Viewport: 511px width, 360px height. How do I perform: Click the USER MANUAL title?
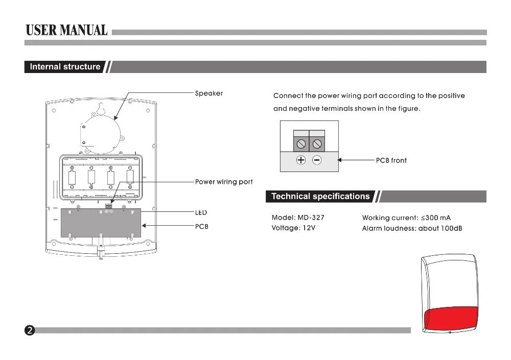click(x=67, y=30)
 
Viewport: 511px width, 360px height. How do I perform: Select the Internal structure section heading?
click(x=65, y=67)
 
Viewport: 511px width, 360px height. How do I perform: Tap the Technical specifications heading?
click(x=320, y=197)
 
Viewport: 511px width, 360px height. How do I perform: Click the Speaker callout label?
click(x=209, y=93)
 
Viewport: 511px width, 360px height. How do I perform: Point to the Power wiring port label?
click(x=224, y=182)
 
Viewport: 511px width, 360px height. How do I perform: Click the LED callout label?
click(x=201, y=212)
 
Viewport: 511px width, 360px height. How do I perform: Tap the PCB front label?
click(x=391, y=160)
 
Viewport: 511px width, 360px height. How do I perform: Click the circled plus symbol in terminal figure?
click(x=301, y=160)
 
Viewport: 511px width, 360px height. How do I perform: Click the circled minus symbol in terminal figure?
click(x=317, y=160)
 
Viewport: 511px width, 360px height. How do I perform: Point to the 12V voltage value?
click(x=309, y=228)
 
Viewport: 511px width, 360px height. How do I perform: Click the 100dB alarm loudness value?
click(x=452, y=228)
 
